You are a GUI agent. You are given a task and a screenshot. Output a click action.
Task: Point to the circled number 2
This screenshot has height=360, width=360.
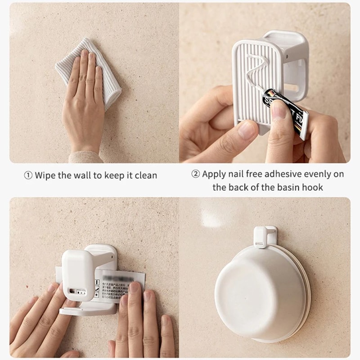point(195,174)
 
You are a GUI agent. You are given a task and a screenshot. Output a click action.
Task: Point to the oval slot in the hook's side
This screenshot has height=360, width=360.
point(297,74)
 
